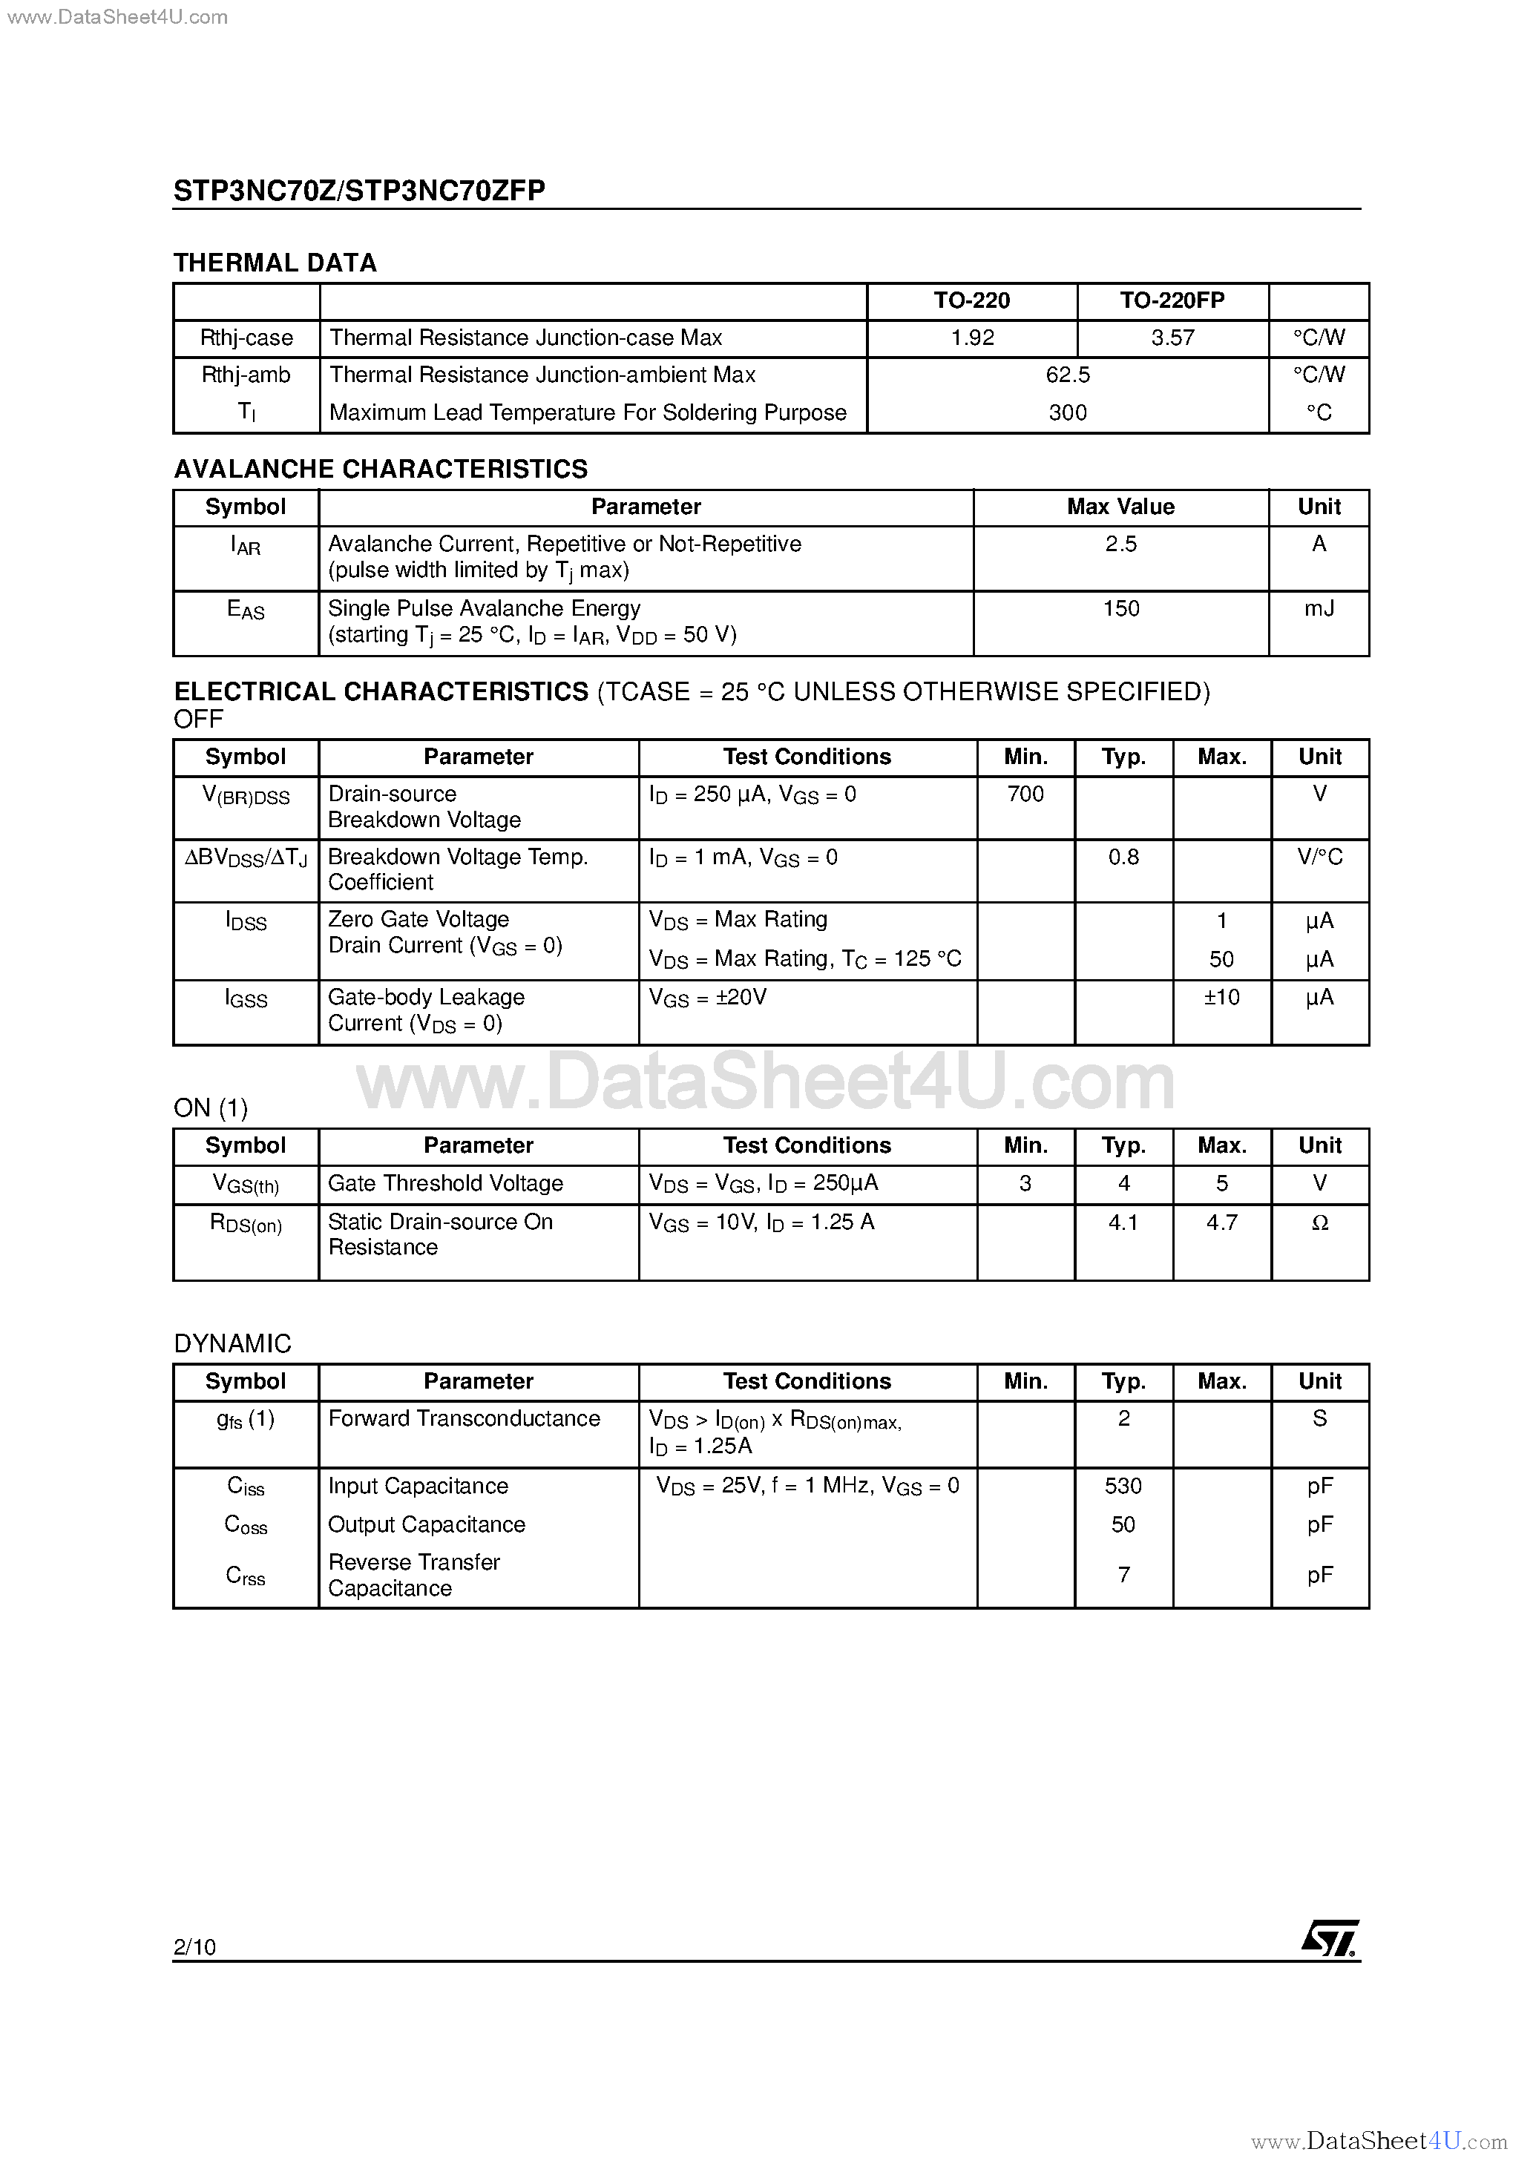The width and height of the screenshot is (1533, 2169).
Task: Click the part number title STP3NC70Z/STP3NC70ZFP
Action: click(x=359, y=191)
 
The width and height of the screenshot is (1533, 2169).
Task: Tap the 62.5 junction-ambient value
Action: click(x=1067, y=375)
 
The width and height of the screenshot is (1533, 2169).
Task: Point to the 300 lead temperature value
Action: click(x=1067, y=413)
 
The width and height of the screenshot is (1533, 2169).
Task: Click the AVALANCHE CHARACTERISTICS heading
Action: click(x=381, y=469)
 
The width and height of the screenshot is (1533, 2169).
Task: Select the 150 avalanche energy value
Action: click(x=1121, y=608)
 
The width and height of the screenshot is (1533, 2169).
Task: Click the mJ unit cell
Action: click(x=1319, y=608)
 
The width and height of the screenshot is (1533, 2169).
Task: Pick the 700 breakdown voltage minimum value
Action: click(x=1025, y=794)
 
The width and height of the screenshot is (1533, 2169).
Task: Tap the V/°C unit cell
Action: click(x=1319, y=857)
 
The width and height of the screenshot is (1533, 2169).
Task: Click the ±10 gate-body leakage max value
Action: click(x=1221, y=998)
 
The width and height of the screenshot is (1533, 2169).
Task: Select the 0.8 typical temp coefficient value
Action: click(x=1123, y=857)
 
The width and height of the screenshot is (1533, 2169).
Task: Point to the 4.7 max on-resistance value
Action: click(x=1221, y=1222)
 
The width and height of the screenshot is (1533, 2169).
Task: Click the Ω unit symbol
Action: click(x=1319, y=1222)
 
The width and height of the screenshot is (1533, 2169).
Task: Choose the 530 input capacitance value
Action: click(x=1123, y=1486)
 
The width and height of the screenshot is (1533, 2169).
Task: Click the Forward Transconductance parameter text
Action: click(x=464, y=1419)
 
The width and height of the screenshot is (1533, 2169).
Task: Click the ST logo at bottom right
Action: click(x=1329, y=1938)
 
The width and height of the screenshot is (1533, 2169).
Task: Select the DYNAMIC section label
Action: click(x=232, y=1343)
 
